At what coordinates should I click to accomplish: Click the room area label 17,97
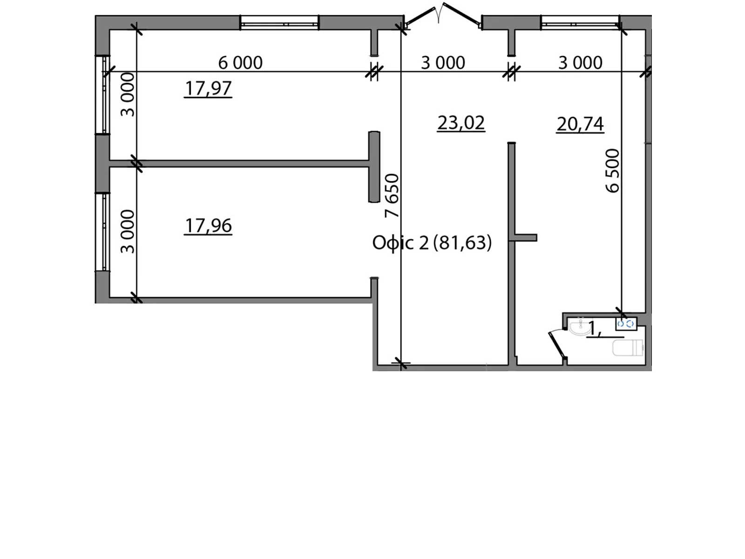pos(208,88)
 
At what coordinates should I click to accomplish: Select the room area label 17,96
pos(208,225)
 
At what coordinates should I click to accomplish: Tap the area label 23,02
pos(461,123)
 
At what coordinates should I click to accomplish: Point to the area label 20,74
pos(580,124)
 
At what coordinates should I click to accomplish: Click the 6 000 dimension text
pos(240,62)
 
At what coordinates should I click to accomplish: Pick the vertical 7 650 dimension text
pos(393,196)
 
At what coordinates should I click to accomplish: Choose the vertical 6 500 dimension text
pos(613,170)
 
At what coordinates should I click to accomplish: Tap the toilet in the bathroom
pos(628,348)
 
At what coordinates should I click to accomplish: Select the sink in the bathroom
pos(579,327)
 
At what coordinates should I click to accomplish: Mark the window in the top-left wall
pos(279,22)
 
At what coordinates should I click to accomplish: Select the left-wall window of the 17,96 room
pos(105,232)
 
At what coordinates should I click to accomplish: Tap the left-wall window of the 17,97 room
pos(105,95)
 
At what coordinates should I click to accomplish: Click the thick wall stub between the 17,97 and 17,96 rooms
pos(374,167)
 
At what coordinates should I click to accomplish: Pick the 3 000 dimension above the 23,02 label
pos(443,62)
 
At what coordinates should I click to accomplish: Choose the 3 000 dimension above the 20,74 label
pos(580,62)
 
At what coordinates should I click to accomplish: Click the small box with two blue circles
pos(626,324)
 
